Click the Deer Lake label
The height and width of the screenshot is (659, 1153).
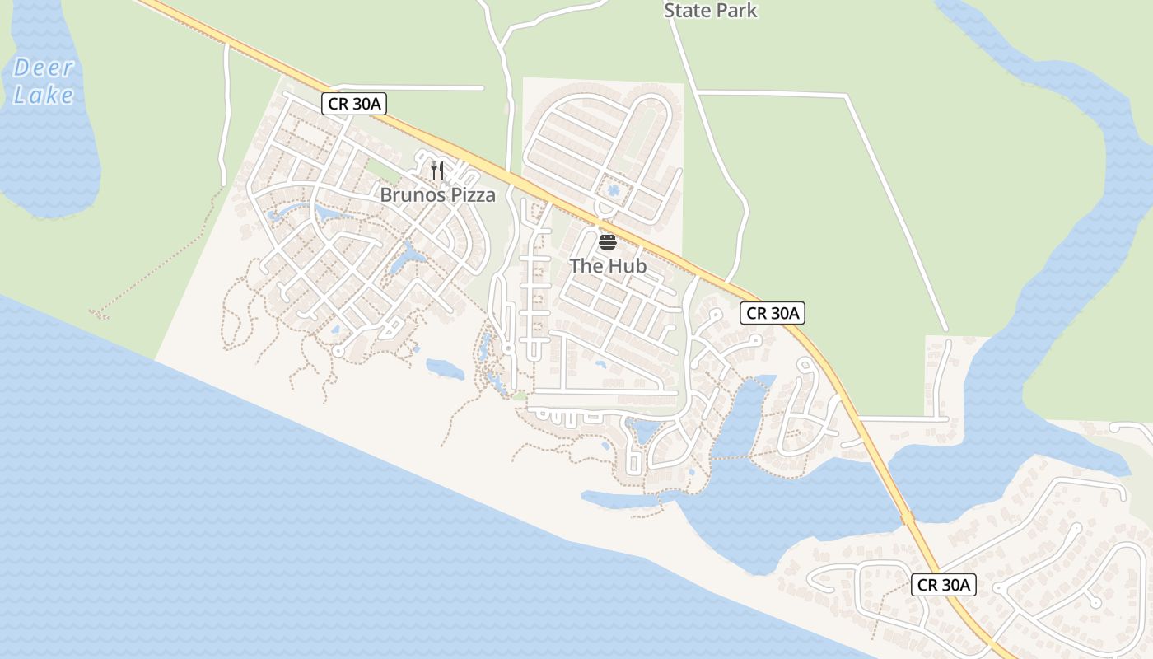pos(44,81)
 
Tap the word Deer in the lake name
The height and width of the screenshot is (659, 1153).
pos(44,68)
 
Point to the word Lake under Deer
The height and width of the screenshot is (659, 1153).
pos(44,95)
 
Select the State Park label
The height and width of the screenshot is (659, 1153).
pos(710,11)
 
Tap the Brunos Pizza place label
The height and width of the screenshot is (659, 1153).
pos(437,195)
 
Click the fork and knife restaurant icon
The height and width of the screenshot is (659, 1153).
pos(437,171)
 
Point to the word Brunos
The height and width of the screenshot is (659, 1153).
pos(408,195)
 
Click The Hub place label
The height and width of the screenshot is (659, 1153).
pos(608,266)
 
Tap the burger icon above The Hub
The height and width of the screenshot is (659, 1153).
pos(608,241)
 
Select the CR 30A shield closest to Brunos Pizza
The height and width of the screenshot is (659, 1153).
pos(353,104)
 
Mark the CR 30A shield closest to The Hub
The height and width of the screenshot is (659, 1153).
pos(772,313)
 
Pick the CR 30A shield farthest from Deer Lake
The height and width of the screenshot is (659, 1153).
pos(945,585)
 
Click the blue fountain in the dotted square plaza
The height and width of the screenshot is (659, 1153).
pos(613,191)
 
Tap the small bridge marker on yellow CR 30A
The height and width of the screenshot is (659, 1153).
pos(907,517)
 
